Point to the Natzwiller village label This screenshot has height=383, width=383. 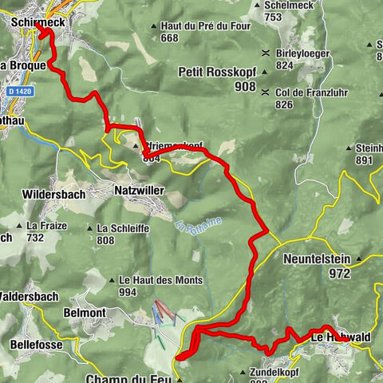(x=142, y=191)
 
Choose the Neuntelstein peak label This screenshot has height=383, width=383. (x=317, y=259)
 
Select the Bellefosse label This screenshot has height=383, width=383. (x=39, y=344)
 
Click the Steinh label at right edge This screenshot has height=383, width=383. (x=369, y=148)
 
